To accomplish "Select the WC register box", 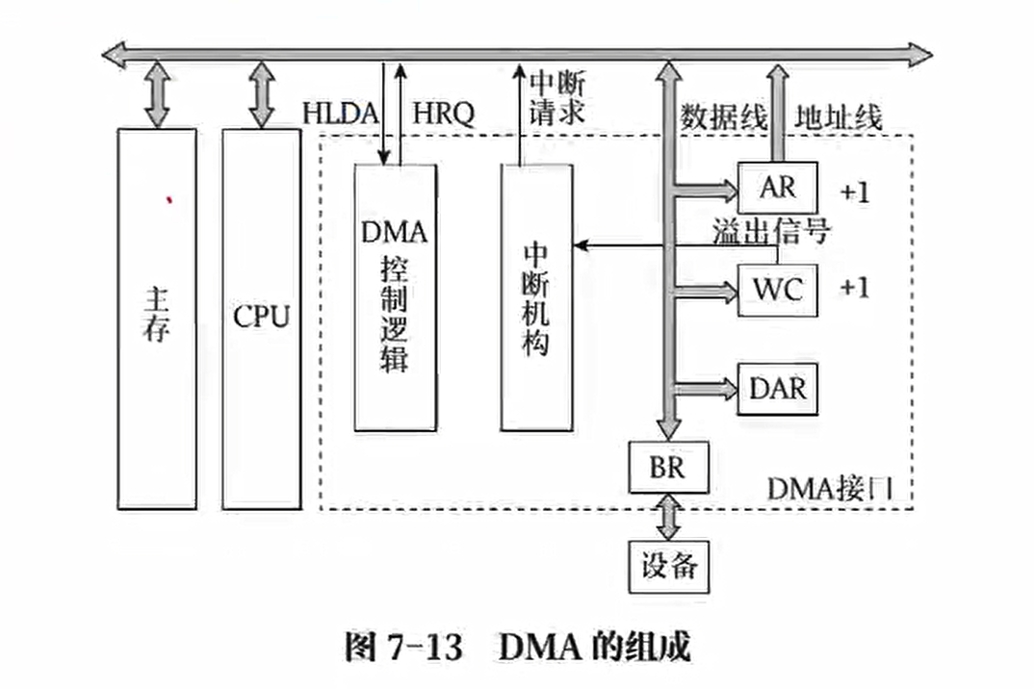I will pos(777,289).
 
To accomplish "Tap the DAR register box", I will pos(777,390).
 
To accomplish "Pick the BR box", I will pos(668,469).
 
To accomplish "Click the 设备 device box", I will pos(668,565).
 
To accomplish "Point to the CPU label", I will pos(261,318).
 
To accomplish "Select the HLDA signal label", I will pos(341,114).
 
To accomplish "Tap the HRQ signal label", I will pos(443,114).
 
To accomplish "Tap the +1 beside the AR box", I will pos(854,191).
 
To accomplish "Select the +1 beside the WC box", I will pos(854,288).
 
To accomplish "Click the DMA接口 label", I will pos(831,489).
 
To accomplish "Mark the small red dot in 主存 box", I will pos(169,199).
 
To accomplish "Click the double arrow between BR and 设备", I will pos(668,517).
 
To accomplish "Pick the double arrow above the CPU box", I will pos(261,94).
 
